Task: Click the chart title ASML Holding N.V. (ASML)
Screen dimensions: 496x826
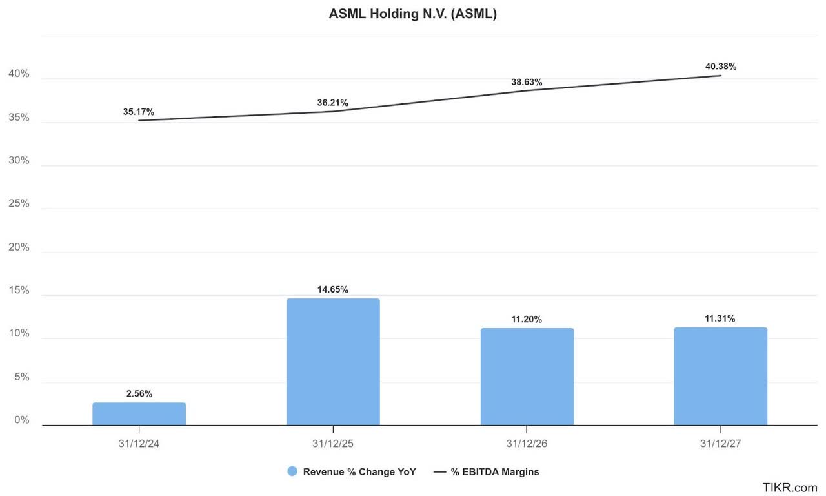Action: pos(413,14)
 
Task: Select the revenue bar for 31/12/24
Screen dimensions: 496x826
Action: pos(139,414)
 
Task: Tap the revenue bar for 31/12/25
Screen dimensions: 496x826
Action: pos(333,362)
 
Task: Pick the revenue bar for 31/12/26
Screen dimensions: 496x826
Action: pos(527,377)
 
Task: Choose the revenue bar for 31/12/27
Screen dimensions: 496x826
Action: pos(720,376)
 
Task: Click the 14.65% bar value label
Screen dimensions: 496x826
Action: pos(333,289)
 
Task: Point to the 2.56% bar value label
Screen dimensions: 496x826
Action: pos(139,393)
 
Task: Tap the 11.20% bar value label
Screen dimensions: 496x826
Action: pos(527,319)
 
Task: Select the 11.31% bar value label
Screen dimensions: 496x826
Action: pos(720,318)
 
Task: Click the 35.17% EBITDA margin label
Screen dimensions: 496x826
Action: pos(139,112)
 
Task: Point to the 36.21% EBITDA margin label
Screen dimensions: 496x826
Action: pos(333,103)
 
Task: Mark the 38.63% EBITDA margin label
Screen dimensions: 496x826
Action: pos(527,82)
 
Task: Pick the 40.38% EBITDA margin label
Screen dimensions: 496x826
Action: pos(720,67)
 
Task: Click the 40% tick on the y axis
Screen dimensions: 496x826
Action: pos(19,74)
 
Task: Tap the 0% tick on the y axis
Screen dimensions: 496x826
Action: pos(22,420)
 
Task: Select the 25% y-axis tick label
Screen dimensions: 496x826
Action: pos(19,203)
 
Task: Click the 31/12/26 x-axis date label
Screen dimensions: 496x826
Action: pos(527,444)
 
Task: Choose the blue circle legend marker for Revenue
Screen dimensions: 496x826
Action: pos(292,471)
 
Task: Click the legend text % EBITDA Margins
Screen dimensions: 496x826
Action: pos(495,471)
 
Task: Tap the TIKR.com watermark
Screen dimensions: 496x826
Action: pos(790,487)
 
